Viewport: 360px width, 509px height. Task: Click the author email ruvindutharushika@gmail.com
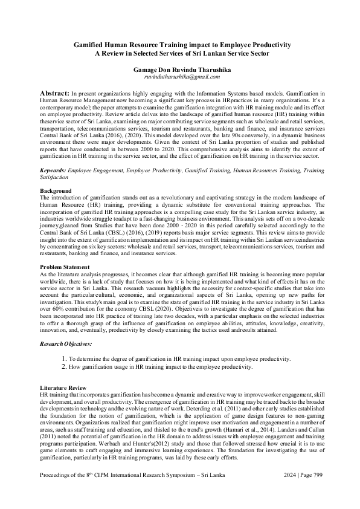click(179, 77)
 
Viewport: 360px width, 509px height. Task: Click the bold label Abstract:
click(54, 95)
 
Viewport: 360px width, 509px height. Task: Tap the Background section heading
click(56, 191)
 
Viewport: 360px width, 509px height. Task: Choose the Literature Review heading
click(63, 387)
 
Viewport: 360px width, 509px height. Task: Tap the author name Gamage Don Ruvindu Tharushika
click(179, 70)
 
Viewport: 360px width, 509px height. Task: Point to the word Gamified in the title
click(94, 45)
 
